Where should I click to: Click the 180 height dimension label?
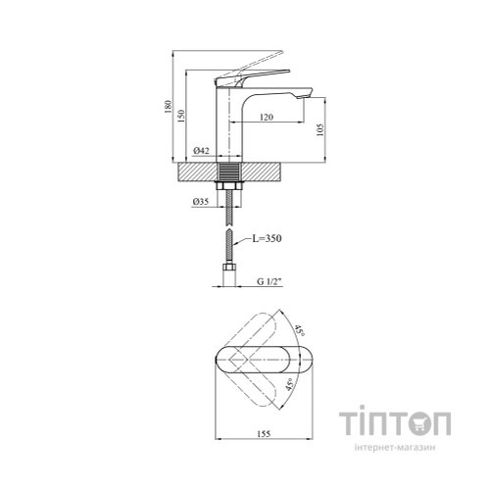click(168, 106)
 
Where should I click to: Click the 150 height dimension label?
click(181, 116)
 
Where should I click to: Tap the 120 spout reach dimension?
click(267, 117)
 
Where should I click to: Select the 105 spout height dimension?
click(320, 129)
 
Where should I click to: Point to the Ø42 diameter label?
click(201, 151)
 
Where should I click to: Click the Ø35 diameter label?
click(200, 202)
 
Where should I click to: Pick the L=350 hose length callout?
click(267, 238)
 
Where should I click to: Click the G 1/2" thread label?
click(269, 281)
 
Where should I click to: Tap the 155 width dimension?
click(264, 434)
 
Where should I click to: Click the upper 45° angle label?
click(300, 331)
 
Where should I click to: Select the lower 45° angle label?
click(290, 384)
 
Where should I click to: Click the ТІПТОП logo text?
click(395, 422)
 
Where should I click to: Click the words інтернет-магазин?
click(395, 448)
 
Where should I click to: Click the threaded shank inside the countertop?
click(229, 171)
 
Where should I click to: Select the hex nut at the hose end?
click(229, 267)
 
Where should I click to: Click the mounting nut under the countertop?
click(229, 186)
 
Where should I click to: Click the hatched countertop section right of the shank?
click(261, 171)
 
